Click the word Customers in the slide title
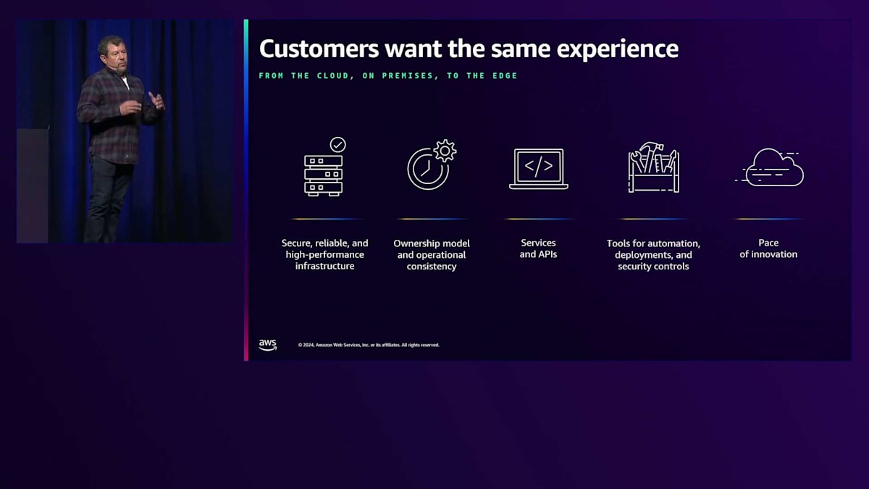point(319,49)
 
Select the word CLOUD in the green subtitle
point(335,75)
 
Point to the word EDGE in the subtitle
point(505,75)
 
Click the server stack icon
point(323,175)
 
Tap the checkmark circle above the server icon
point(338,145)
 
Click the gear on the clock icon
point(445,151)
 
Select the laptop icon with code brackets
point(539,169)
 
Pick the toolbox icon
point(654,167)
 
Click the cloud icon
point(770,168)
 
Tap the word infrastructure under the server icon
point(324,267)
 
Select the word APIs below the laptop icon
point(546,254)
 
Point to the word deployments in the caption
point(639,255)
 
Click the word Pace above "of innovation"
point(768,243)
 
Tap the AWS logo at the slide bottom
point(268,345)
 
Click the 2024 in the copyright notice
point(308,345)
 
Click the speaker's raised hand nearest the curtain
point(156,100)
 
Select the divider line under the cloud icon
point(768,220)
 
